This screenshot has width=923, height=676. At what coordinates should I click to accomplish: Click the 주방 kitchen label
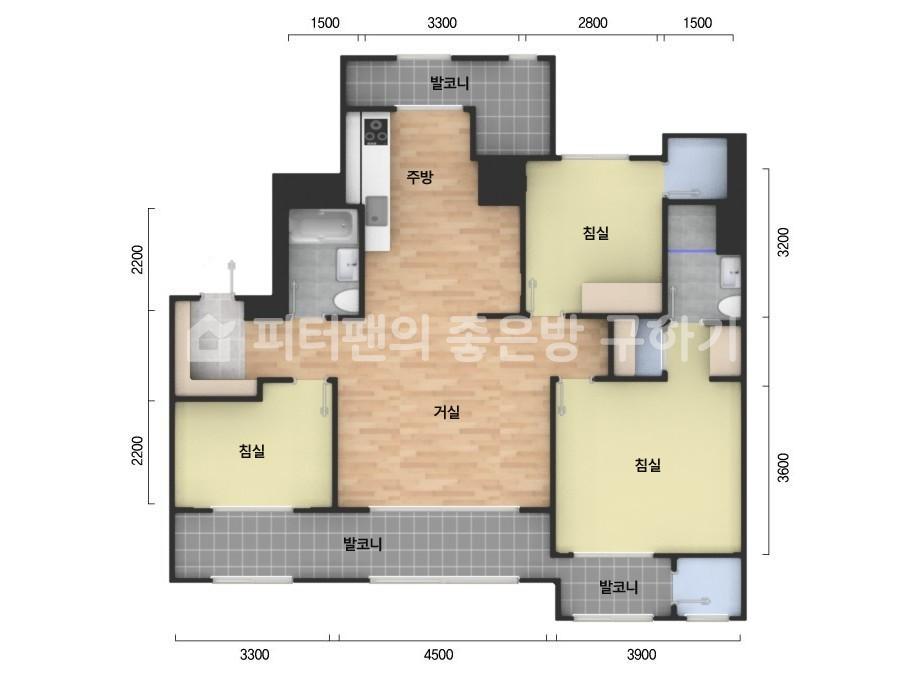click(420, 177)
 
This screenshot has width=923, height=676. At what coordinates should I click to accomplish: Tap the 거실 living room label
click(447, 412)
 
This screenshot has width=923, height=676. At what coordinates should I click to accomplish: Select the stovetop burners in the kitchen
click(376, 131)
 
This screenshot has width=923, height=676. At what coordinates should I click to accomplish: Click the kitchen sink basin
click(376, 211)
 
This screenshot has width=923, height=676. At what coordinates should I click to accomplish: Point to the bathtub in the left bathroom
click(323, 227)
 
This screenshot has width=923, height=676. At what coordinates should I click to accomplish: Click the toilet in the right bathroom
click(730, 307)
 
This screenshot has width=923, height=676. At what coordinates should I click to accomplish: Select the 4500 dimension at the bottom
click(439, 655)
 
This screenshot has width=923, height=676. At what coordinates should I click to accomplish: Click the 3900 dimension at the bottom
click(641, 655)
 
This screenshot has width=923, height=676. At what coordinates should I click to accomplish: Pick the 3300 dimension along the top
click(441, 23)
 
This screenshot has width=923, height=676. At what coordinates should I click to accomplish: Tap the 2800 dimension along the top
click(592, 23)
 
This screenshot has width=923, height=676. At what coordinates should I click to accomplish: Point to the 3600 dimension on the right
click(783, 468)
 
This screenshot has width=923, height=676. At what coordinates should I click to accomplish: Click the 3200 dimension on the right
click(783, 242)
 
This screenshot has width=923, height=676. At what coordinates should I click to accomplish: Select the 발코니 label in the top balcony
click(450, 83)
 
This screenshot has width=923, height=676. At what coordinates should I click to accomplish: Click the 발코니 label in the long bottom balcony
click(363, 544)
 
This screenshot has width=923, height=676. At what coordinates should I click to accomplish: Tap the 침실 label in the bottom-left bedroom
click(252, 451)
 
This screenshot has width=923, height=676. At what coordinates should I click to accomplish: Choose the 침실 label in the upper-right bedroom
click(596, 233)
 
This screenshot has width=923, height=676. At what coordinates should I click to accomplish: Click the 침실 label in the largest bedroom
click(648, 465)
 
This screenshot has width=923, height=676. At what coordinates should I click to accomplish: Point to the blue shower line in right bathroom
click(692, 251)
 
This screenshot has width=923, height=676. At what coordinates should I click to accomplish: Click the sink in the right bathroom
click(731, 272)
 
